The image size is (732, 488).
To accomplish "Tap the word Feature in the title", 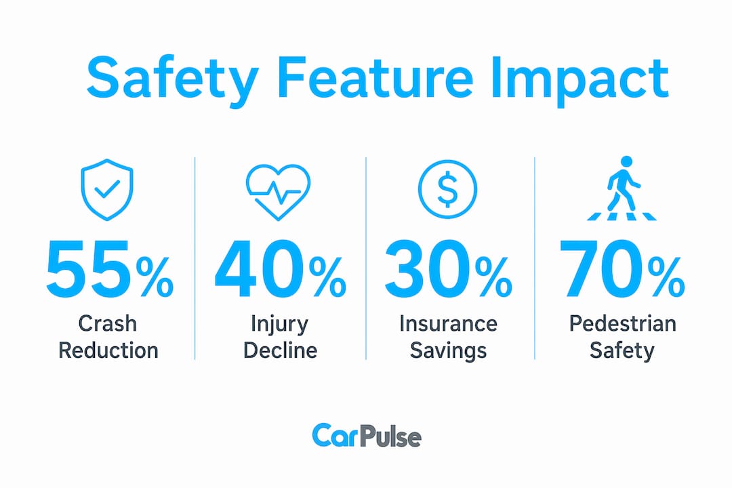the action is point(375,77).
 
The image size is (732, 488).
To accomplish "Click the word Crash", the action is point(107,323).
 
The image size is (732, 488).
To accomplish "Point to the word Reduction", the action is point(108,350).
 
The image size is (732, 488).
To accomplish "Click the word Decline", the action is point(280,350).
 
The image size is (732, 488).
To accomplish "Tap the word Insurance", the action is point(448,323).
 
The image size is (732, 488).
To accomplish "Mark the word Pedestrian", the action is point(622,323).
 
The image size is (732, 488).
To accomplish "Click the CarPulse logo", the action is point(367,436).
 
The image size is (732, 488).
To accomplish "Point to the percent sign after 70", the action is point(666,278).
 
